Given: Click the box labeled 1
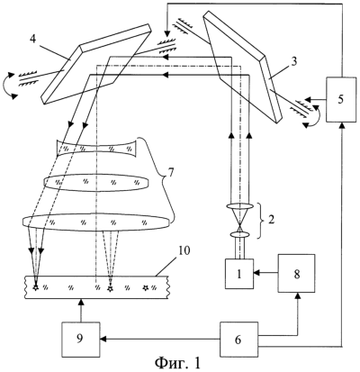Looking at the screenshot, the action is tap(239, 274).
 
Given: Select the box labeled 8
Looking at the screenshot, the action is tap(296, 273).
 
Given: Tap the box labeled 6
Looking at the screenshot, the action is tap(238, 340).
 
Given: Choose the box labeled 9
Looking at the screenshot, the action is tap(80, 340).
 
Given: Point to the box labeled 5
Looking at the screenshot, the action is tap(340, 99).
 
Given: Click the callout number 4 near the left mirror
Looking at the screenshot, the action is tap(32, 40).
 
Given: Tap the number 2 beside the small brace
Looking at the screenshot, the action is tap(271, 220).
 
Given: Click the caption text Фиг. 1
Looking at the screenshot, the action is tap(177, 363).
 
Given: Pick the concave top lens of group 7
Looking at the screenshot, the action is tap(96, 148).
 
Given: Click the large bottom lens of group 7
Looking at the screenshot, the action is tap(96, 222).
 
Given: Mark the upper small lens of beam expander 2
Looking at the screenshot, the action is tap(239, 207).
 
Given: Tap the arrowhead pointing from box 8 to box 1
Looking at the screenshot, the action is tap(256, 273).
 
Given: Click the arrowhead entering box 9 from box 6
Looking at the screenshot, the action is tap(103, 340).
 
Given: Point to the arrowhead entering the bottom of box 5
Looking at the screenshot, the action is tap(342, 125).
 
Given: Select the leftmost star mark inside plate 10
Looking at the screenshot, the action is tap(36, 288).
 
